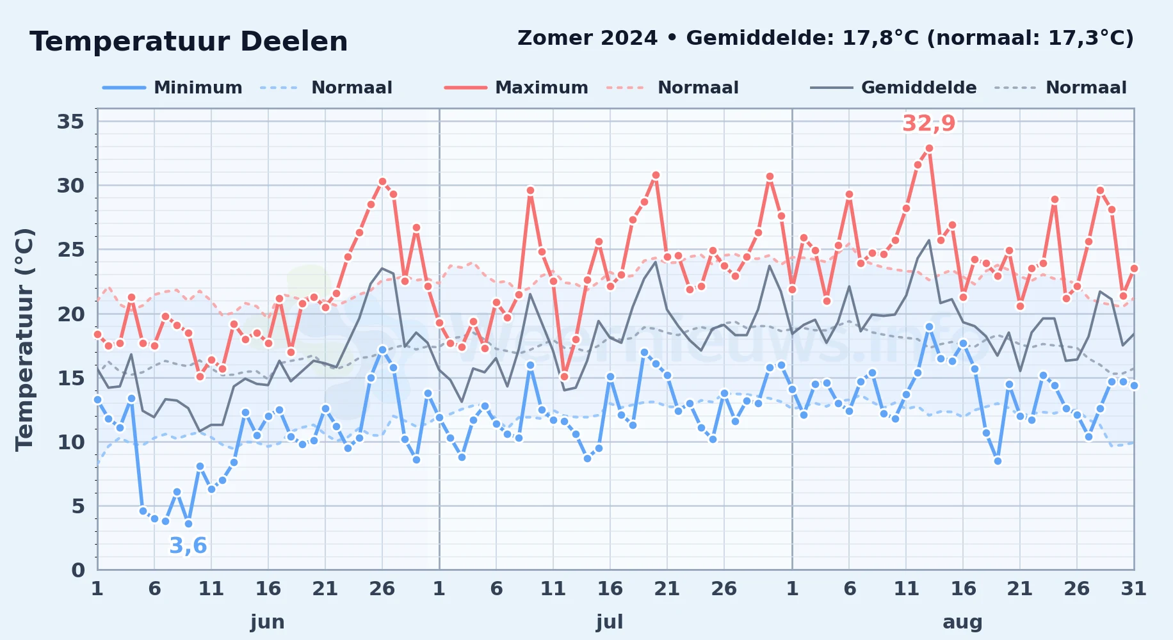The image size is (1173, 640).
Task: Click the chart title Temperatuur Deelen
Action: pos(189,42)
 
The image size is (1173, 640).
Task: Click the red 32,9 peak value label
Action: pos(928,123)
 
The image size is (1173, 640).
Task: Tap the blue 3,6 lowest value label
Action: pos(188,545)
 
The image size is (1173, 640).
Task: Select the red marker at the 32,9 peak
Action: pos(929,148)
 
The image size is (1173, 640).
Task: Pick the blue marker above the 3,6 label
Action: pos(188,524)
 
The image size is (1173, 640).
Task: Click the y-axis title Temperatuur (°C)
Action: pos(24,339)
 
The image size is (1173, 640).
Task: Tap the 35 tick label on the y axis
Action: pos(70,122)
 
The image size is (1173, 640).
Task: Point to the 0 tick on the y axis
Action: pos(77,570)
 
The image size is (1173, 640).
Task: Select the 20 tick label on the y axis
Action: pos(70,314)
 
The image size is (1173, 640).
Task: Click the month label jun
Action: pos(268,622)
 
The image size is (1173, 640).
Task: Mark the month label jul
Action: pos(610,622)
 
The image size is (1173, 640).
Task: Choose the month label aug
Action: pos(962,622)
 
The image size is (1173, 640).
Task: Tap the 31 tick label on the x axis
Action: pos(1133,589)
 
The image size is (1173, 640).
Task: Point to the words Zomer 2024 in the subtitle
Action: pos(587,38)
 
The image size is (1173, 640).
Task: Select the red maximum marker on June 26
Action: pos(382,181)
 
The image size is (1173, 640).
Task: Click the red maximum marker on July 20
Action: pos(656,175)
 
